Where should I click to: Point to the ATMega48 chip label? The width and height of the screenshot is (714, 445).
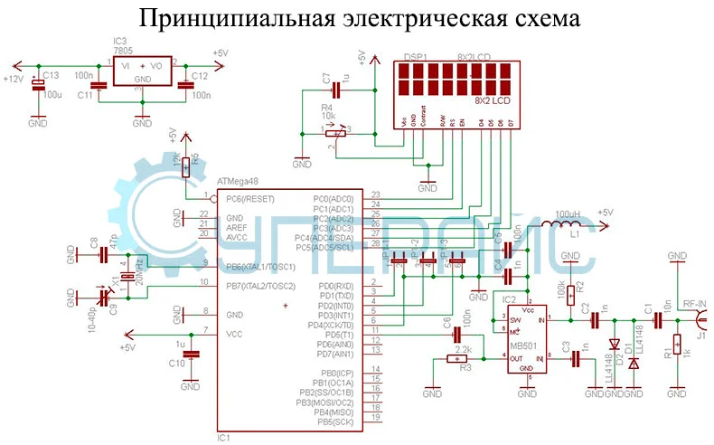[x=238, y=183]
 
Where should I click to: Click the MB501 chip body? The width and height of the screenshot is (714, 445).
[x=520, y=339]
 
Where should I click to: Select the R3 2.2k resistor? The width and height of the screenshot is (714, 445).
[x=456, y=359]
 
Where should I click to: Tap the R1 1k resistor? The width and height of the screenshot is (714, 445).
[x=676, y=346]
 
